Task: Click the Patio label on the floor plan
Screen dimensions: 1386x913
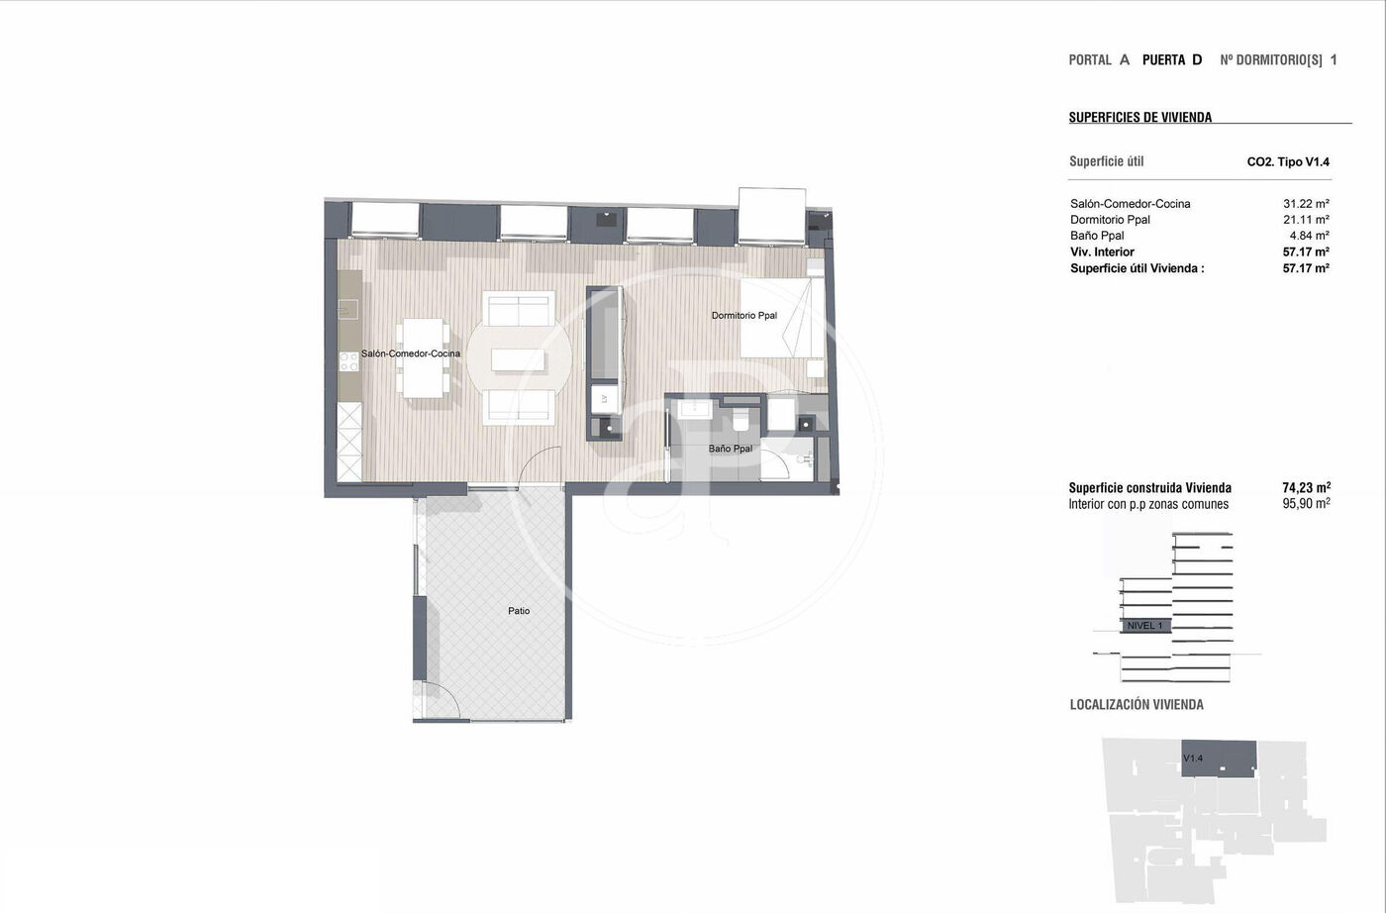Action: click(519, 611)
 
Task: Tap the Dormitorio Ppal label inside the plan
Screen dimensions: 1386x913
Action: click(743, 316)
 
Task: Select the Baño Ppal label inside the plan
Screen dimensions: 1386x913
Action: click(731, 449)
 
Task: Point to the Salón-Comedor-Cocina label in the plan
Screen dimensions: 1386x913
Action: click(410, 354)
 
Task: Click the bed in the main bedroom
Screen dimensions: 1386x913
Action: click(782, 318)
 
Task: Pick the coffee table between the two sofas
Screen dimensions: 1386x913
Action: click(518, 359)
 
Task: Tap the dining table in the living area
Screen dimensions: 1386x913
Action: click(424, 357)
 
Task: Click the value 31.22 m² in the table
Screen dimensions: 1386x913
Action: click(1306, 203)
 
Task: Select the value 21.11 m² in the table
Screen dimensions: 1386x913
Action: click(1306, 219)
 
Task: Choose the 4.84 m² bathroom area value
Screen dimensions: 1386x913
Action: click(1309, 236)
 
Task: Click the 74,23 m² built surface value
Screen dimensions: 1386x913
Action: click(1306, 488)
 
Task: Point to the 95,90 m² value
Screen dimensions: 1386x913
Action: click(1306, 504)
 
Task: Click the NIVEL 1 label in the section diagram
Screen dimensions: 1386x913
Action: click(1144, 626)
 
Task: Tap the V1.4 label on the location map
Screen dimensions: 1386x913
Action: click(1193, 759)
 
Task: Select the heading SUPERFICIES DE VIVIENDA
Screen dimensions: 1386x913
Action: click(1140, 117)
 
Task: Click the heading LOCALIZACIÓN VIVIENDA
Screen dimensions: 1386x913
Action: click(1137, 704)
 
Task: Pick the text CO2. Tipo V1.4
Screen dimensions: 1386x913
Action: click(1288, 162)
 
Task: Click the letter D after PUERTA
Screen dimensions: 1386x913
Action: click(1197, 60)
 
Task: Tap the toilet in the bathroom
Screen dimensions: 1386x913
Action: click(741, 419)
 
